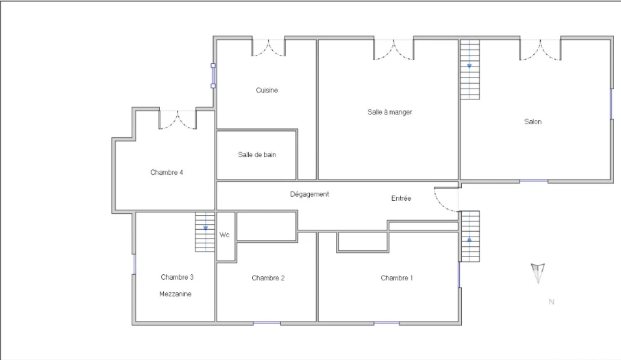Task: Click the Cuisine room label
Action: point(267,91)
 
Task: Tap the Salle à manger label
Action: point(390,112)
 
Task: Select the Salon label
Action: point(533,121)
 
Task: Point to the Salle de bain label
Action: point(257,154)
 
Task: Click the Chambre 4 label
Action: point(167,172)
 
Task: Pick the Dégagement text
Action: point(309,194)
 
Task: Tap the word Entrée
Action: point(401,198)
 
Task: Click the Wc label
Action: point(224,235)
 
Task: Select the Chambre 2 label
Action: point(268,278)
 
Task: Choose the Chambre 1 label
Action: point(396,278)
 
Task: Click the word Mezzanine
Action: point(175,294)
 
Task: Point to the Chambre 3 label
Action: point(177,277)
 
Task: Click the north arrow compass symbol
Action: point(538,274)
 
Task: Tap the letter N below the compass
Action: point(551,302)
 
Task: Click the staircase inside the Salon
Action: point(470,69)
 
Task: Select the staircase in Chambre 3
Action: point(205,232)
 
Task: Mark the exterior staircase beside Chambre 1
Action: point(470,237)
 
